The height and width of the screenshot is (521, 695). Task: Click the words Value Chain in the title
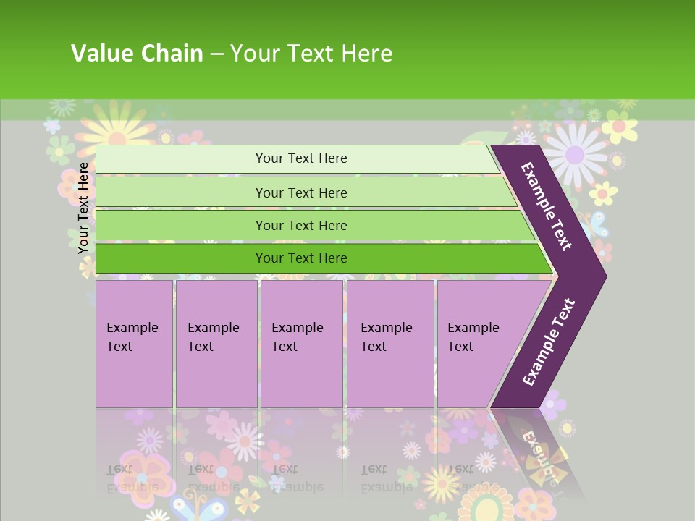[x=137, y=54]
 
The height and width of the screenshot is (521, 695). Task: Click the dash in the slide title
[x=216, y=54]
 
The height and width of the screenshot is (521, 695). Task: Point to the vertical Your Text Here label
[x=83, y=208]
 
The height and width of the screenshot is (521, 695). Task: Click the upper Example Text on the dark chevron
[x=547, y=206]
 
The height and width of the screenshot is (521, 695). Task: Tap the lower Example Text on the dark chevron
[x=549, y=342]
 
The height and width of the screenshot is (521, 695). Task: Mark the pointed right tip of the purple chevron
[x=605, y=276]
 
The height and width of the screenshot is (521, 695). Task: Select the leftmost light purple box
[x=134, y=344]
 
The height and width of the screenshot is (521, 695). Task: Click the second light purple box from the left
[x=216, y=344]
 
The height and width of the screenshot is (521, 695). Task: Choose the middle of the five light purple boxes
[x=301, y=344]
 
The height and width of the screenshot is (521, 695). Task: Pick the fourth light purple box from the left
[x=390, y=344]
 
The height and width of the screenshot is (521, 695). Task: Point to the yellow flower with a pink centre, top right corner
[x=620, y=127]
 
